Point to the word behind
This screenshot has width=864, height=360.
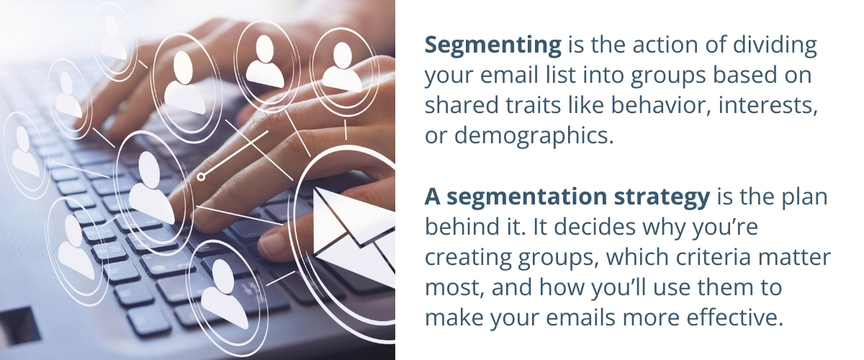pyautogui.click(x=456, y=226)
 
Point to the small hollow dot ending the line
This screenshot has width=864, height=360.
pyautogui.click(x=202, y=176)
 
